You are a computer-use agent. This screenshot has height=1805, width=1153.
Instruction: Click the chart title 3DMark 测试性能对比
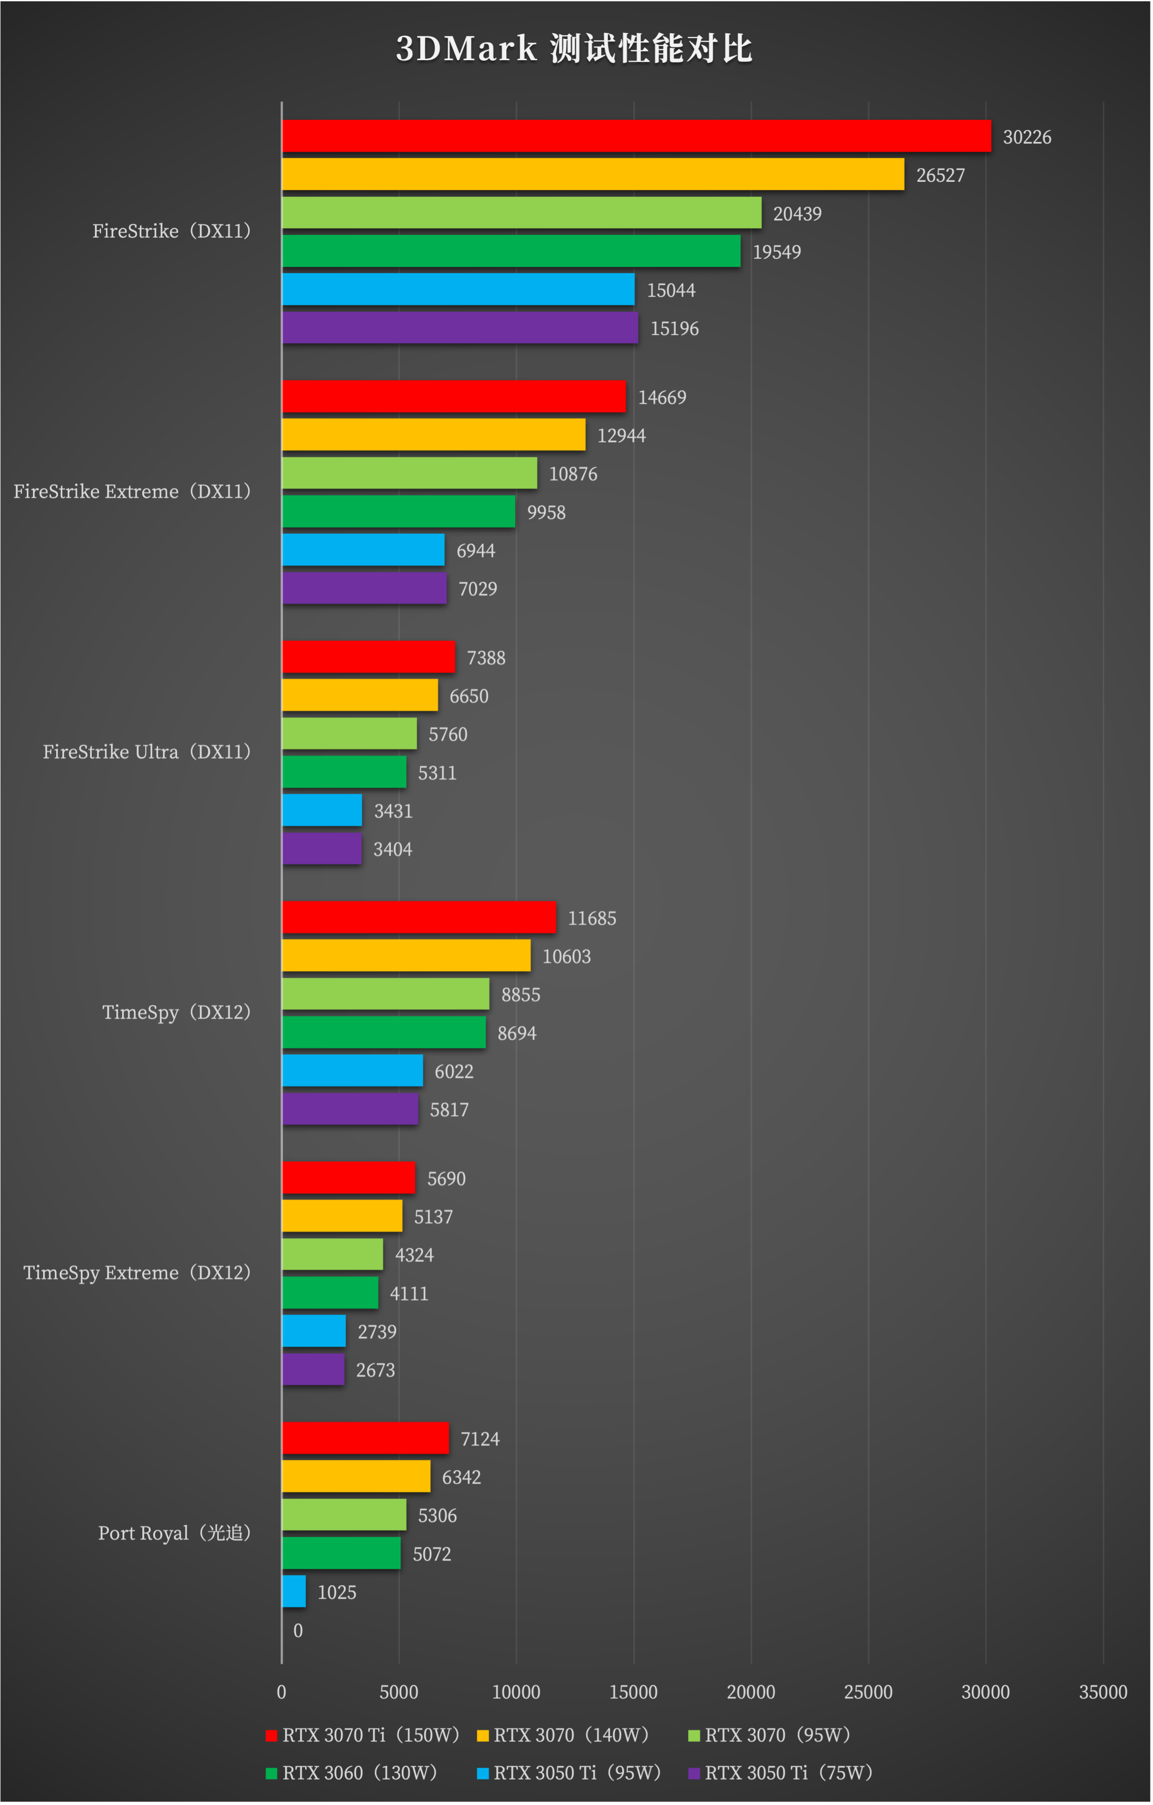click(x=574, y=49)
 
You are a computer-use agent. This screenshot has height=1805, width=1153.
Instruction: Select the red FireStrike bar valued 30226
click(x=636, y=135)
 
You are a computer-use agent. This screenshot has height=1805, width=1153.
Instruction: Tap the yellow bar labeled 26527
click(x=592, y=174)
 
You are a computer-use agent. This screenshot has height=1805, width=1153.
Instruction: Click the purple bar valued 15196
click(x=459, y=327)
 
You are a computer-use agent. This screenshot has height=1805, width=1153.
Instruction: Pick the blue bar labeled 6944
click(x=363, y=549)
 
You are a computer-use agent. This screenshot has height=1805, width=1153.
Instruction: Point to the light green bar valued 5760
click(x=349, y=733)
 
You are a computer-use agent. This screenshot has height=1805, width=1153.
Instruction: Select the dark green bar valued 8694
click(x=384, y=1032)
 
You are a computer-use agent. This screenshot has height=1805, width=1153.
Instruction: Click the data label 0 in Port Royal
click(x=298, y=1630)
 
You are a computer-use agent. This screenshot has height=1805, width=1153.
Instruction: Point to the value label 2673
click(x=375, y=1370)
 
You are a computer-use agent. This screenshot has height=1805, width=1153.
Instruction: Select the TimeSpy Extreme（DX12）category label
click(x=136, y=1272)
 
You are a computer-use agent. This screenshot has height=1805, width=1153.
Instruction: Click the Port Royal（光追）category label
click(x=174, y=1533)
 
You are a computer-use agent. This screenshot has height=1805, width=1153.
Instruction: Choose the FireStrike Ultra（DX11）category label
click(x=146, y=751)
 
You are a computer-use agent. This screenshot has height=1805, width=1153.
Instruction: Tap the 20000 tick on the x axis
click(x=750, y=1692)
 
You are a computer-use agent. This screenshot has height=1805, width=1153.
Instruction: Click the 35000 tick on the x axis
click(x=1103, y=1692)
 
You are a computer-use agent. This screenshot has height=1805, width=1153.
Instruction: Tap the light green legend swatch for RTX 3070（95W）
click(x=694, y=1735)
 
